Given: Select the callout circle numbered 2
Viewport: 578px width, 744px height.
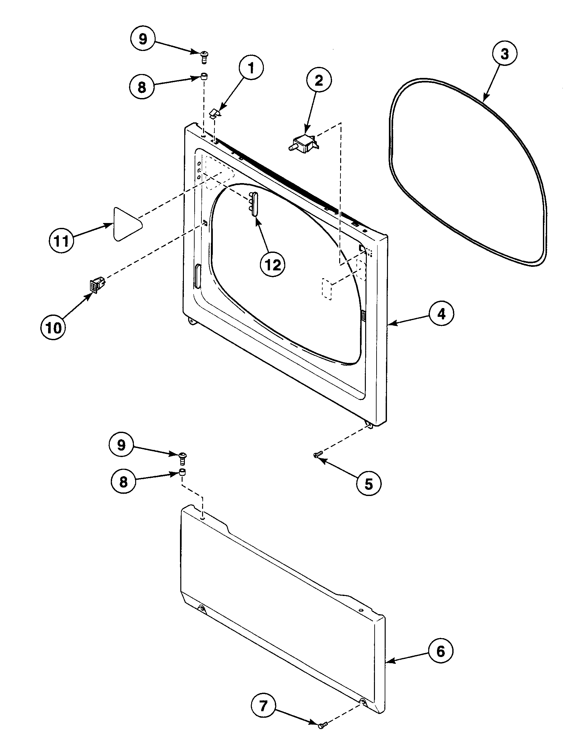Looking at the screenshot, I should [x=318, y=81].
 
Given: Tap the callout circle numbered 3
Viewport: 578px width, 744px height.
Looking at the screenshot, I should [x=504, y=54].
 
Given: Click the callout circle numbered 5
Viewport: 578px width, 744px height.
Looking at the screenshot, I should [x=369, y=483].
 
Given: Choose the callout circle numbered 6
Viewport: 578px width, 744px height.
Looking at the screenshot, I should [x=441, y=651].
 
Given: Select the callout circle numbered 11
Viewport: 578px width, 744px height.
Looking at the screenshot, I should [x=61, y=241].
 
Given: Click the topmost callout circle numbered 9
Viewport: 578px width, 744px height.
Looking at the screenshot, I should [x=143, y=39].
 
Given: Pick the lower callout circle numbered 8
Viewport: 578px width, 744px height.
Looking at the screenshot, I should [x=123, y=482].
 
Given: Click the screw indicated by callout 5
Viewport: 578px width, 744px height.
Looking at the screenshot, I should [x=317, y=454].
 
